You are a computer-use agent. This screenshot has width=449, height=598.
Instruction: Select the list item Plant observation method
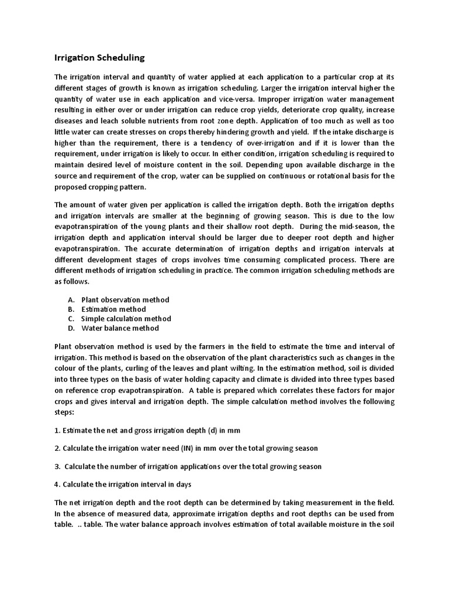[125, 300]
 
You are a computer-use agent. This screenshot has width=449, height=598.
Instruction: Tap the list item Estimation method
[113, 309]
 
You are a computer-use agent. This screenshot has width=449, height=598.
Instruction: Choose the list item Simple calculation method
[126, 318]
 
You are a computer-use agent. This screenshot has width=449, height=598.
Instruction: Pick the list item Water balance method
[120, 328]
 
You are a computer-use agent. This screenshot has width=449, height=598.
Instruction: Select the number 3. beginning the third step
[58, 467]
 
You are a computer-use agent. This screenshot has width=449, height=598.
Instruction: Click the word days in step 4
[182, 485]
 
